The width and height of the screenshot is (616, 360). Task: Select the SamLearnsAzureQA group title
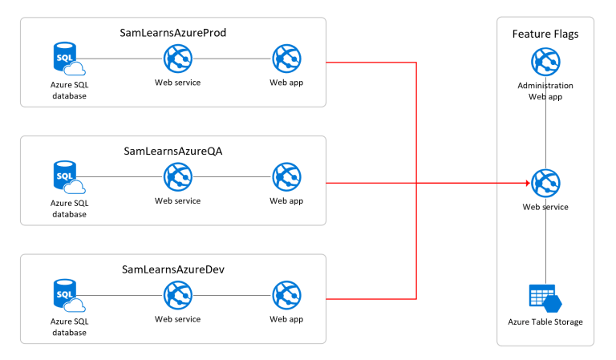(172, 150)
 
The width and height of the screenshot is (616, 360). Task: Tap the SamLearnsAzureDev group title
(172, 269)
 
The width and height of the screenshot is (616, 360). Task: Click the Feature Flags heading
(545, 34)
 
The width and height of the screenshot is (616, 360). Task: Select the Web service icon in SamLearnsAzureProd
(177, 59)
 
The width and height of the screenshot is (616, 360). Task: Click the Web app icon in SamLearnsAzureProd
(286, 59)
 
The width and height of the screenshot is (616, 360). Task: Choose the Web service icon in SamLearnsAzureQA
(177, 176)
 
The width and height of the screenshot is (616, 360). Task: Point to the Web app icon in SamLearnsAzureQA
(286, 176)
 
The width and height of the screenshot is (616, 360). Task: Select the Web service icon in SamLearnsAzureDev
(177, 295)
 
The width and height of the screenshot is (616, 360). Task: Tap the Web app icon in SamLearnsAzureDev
(286, 295)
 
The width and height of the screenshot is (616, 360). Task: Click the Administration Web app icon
(545, 62)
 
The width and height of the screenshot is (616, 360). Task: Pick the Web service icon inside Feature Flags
(545, 184)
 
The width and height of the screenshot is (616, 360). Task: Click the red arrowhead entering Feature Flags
(526, 184)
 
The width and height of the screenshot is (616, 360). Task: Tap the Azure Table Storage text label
(545, 322)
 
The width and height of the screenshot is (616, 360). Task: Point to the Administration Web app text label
(545, 91)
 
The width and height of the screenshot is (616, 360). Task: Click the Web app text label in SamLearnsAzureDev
(286, 319)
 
